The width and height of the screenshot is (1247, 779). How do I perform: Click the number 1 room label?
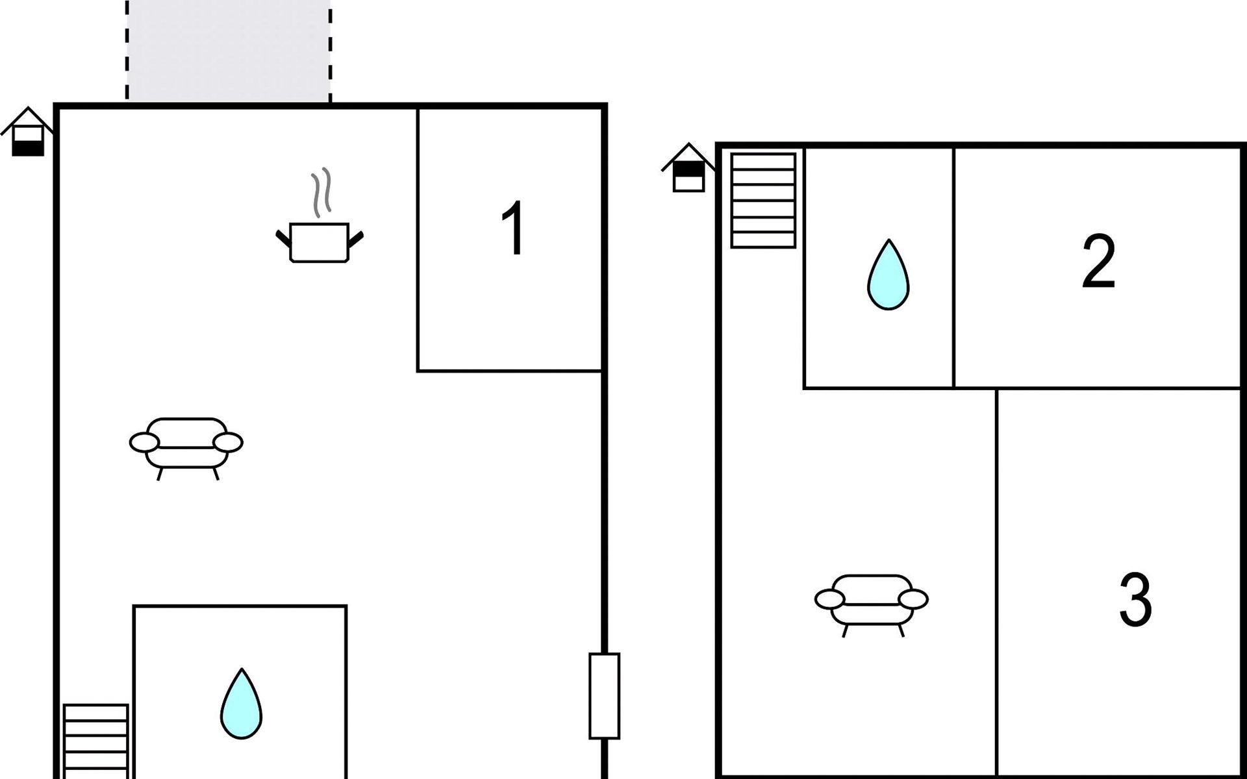click(x=513, y=229)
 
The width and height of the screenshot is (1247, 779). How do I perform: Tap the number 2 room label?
click(x=1099, y=261)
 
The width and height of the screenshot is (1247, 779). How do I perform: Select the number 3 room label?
click(x=1135, y=599)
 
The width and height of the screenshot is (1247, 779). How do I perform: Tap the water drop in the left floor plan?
click(x=242, y=704)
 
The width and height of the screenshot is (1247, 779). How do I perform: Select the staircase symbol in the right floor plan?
click(x=763, y=201)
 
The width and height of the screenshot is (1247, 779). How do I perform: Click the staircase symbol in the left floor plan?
click(x=95, y=741)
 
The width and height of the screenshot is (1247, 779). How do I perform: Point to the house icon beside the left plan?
click(x=27, y=132)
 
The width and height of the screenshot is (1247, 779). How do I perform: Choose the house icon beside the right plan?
click(x=688, y=167)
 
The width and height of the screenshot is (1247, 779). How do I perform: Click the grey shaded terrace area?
click(x=228, y=51)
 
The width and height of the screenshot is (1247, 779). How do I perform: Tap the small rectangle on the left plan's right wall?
click(x=604, y=696)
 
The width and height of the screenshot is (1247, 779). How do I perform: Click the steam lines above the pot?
click(x=321, y=192)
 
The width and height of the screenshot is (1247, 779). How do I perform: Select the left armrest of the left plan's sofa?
click(x=144, y=443)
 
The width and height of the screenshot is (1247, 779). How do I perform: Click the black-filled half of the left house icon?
click(x=28, y=149)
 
